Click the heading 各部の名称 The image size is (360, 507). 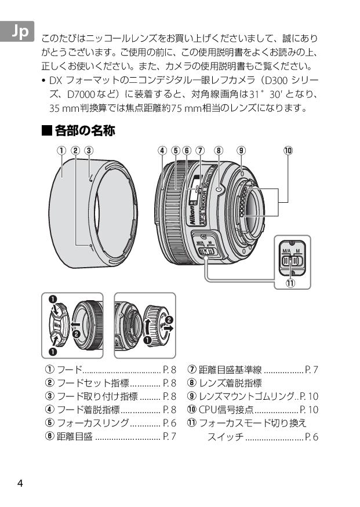pos(85,130)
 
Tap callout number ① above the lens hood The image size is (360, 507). pos(61,150)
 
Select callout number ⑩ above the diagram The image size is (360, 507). pos(288,150)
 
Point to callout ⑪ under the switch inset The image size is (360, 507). pos(290,283)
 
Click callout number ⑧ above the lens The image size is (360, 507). pos(219,150)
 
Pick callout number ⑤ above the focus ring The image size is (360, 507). pos(176,150)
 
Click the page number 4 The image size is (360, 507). pos(20,483)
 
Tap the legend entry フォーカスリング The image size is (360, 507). pos(93,423)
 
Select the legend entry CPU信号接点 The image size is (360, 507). pos(226,410)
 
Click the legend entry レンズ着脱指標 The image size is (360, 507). pos(230,383)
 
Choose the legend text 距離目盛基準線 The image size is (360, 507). pos(230,370)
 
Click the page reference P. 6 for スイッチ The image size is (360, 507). pos(312,437)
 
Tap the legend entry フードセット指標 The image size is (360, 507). pos(93,383)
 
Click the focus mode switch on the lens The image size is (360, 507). pos(206,251)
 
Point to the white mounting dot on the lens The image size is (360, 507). pos(218,190)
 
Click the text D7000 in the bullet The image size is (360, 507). pos(81,94)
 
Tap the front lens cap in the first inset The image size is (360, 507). pos(60,324)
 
